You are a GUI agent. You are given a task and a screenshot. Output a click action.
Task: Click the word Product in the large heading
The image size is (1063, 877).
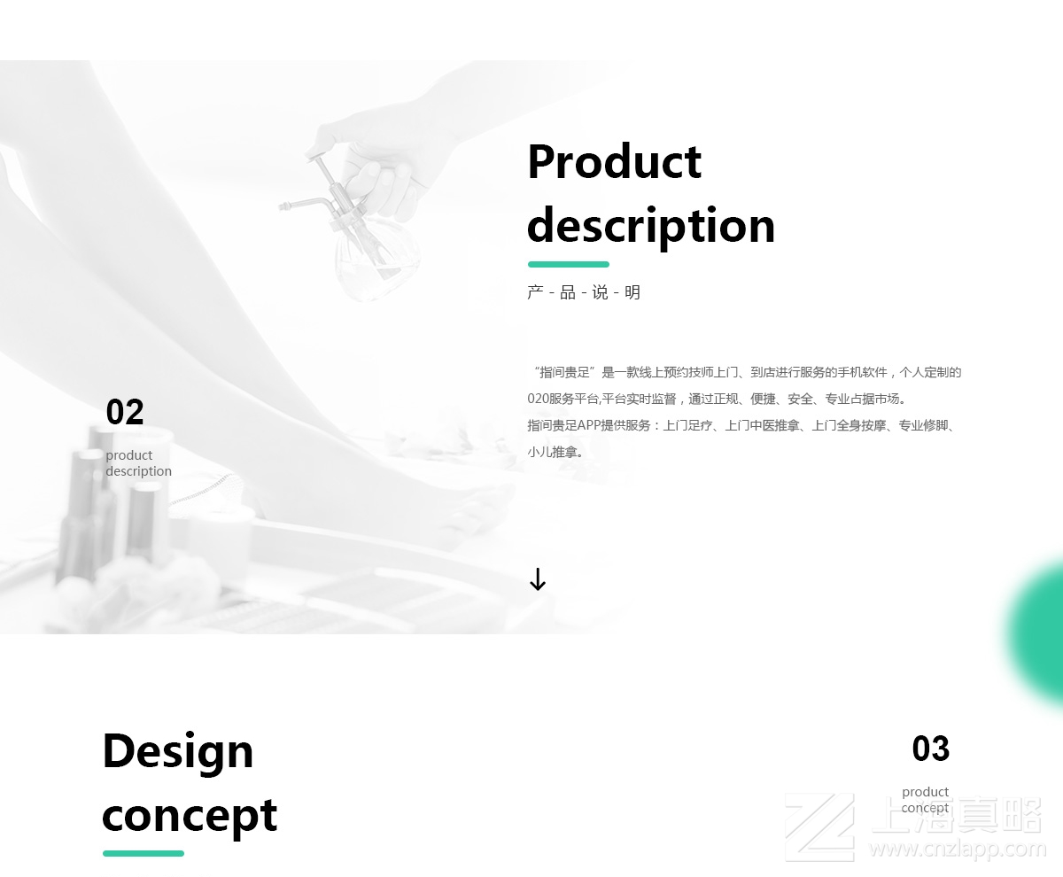614,162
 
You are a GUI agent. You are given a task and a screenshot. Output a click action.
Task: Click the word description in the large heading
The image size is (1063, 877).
651,226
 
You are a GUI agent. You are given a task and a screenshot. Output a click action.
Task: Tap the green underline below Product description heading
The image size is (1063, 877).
568,264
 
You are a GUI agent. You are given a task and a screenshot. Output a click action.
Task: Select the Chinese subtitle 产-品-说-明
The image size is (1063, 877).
583,292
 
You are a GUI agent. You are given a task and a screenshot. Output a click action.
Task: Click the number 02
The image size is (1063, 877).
125,413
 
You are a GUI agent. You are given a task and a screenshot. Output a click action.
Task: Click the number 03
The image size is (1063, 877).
930,749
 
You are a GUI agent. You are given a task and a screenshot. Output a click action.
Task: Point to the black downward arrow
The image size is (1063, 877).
538,580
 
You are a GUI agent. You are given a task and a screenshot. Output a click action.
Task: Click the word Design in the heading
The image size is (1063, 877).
178,751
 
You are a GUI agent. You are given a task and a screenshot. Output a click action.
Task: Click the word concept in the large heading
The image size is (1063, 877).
190,816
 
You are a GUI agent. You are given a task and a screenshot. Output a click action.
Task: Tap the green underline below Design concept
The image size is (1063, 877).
144,854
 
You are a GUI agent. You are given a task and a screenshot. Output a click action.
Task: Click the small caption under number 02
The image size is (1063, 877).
138,463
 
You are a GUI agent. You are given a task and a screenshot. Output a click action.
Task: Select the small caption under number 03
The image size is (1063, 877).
925,800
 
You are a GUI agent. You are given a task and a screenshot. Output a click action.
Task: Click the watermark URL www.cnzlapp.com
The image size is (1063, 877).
957,850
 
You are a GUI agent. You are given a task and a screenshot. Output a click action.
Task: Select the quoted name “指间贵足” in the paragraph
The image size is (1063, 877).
563,372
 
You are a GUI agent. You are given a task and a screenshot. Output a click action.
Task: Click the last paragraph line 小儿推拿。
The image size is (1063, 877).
555,452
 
